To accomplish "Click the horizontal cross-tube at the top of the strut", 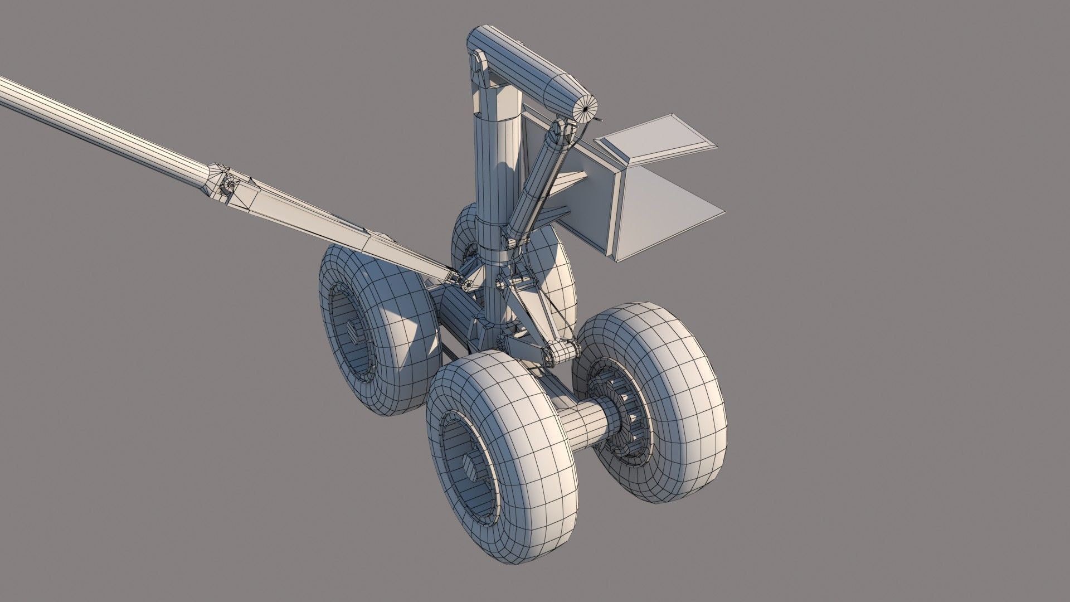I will (x=524, y=61).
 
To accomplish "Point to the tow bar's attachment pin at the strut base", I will (x=467, y=285).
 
